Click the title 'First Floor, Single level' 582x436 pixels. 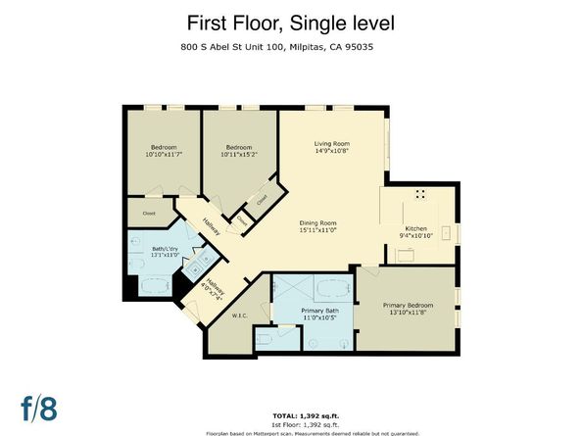[290, 23]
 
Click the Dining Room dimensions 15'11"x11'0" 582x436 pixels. [317, 230]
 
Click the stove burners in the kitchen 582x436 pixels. [420, 193]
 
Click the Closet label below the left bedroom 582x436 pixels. [150, 212]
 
